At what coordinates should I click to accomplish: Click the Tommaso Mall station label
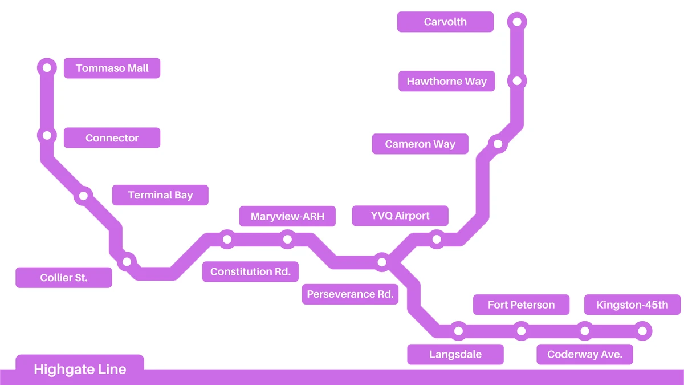click(x=112, y=68)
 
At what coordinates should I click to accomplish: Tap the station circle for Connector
click(x=47, y=136)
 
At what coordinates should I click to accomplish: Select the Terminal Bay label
click(x=160, y=195)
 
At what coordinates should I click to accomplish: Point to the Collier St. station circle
click(x=127, y=262)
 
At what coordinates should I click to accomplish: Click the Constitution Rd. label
click(x=250, y=271)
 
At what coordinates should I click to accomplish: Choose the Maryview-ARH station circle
click(x=288, y=240)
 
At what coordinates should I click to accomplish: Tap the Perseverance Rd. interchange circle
click(x=382, y=262)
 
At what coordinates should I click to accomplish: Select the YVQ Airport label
click(x=400, y=216)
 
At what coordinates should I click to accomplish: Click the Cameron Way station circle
click(x=498, y=144)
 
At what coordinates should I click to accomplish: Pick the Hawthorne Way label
click(x=446, y=81)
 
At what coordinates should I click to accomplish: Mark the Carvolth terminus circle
click(x=517, y=22)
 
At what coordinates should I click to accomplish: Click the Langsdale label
click(x=455, y=354)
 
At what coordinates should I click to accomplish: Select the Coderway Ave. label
click(x=585, y=354)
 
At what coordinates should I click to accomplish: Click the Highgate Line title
click(x=80, y=369)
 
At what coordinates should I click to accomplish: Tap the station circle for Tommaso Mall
click(x=47, y=68)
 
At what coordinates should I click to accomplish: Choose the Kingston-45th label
click(x=632, y=305)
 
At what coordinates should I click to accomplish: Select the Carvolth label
click(x=445, y=22)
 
